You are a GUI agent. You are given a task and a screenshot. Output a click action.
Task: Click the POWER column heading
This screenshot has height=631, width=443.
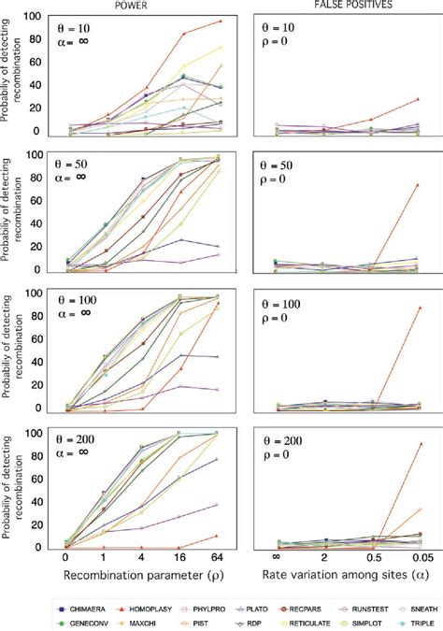click(142, 5)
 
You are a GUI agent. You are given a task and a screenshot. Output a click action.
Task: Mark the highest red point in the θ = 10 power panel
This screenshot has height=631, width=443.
click(220, 21)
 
